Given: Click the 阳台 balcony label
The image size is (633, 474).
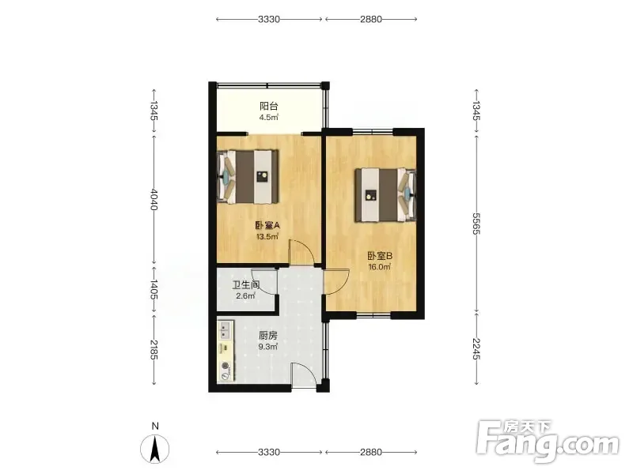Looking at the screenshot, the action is point(268,107).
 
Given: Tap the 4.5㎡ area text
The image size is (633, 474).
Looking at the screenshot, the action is point(268,118).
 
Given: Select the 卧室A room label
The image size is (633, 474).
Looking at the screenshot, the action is point(267,225).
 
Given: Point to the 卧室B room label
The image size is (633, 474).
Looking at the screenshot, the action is point(380,255).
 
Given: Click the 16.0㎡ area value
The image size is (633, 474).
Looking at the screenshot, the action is point(380,267).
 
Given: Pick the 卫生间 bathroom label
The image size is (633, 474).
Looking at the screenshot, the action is point(245,285).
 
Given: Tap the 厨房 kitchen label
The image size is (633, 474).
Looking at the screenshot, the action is point(268,335).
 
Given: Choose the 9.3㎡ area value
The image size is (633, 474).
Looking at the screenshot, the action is point(268,347).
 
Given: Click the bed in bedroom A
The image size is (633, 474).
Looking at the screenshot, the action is point(248,177).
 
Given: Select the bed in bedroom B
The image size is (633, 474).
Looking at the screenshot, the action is point(385,195).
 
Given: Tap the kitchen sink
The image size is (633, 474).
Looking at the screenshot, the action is point(225,330).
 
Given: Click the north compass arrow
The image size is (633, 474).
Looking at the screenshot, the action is point(154,450).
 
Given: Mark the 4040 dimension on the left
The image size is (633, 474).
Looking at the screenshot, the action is point(154,199).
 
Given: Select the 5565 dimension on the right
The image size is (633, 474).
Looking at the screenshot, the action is point(476,224).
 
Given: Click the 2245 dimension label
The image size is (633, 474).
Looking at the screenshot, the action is point(476,348).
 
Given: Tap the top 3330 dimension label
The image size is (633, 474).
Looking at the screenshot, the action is point(269,19).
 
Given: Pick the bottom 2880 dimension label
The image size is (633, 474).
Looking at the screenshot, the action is point(370,452).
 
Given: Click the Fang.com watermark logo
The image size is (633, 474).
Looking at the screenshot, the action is point(548,442).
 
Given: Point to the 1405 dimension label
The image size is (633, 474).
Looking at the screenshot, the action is point(154,289).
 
